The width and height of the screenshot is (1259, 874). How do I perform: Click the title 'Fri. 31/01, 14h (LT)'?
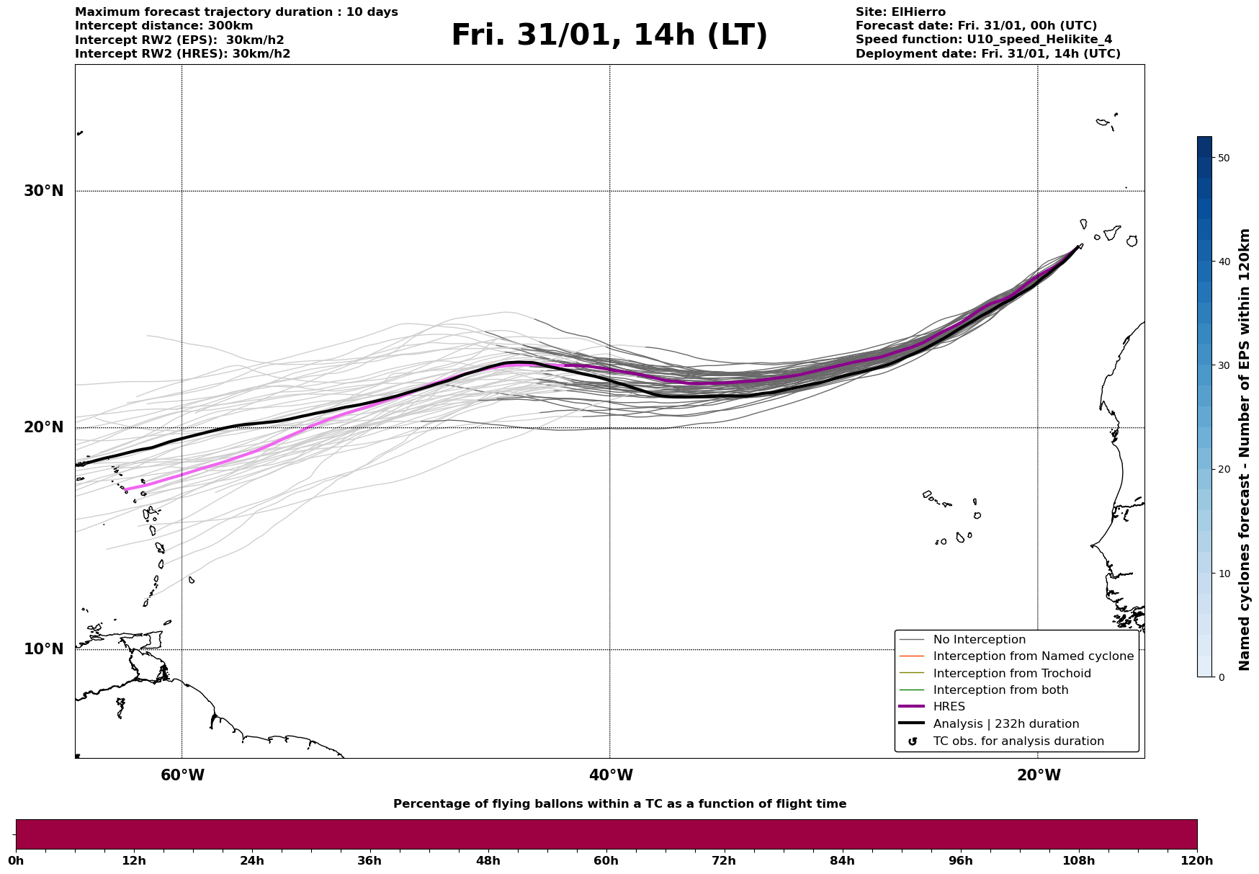[x=609, y=35]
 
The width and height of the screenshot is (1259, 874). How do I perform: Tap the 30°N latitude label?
[x=43, y=191]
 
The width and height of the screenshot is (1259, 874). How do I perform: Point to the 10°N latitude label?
[x=43, y=649]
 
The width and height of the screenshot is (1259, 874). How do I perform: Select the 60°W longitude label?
[x=182, y=775]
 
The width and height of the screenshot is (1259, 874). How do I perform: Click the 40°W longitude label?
[x=611, y=775]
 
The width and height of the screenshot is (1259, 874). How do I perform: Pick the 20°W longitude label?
[x=1038, y=775]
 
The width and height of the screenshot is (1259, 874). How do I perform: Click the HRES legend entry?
[x=949, y=707]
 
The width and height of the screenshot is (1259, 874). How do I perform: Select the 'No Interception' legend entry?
[x=979, y=640]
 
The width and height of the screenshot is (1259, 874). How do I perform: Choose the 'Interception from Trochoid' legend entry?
[x=1011, y=674]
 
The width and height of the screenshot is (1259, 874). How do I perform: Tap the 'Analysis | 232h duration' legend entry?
[x=1005, y=724]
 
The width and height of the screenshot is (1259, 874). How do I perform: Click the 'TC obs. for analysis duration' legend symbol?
[x=913, y=741]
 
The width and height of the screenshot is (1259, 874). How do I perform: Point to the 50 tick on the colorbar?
[x=1223, y=158]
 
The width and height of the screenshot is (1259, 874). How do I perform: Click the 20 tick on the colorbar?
[x=1223, y=469]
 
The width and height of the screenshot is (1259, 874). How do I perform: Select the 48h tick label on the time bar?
[x=488, y=860]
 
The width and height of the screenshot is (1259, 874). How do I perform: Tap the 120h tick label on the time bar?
[x=1196, y=860]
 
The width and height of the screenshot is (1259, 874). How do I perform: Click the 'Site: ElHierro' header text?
[x=900, y=12]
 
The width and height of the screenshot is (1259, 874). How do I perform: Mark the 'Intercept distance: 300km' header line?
[x=163, y=26]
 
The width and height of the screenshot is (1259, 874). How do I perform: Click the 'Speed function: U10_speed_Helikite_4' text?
[x=984, y=40]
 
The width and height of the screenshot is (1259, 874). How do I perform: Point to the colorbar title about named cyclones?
[x=1244, y=450]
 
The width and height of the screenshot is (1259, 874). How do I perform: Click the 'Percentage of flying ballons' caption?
[x=619, y=804]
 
